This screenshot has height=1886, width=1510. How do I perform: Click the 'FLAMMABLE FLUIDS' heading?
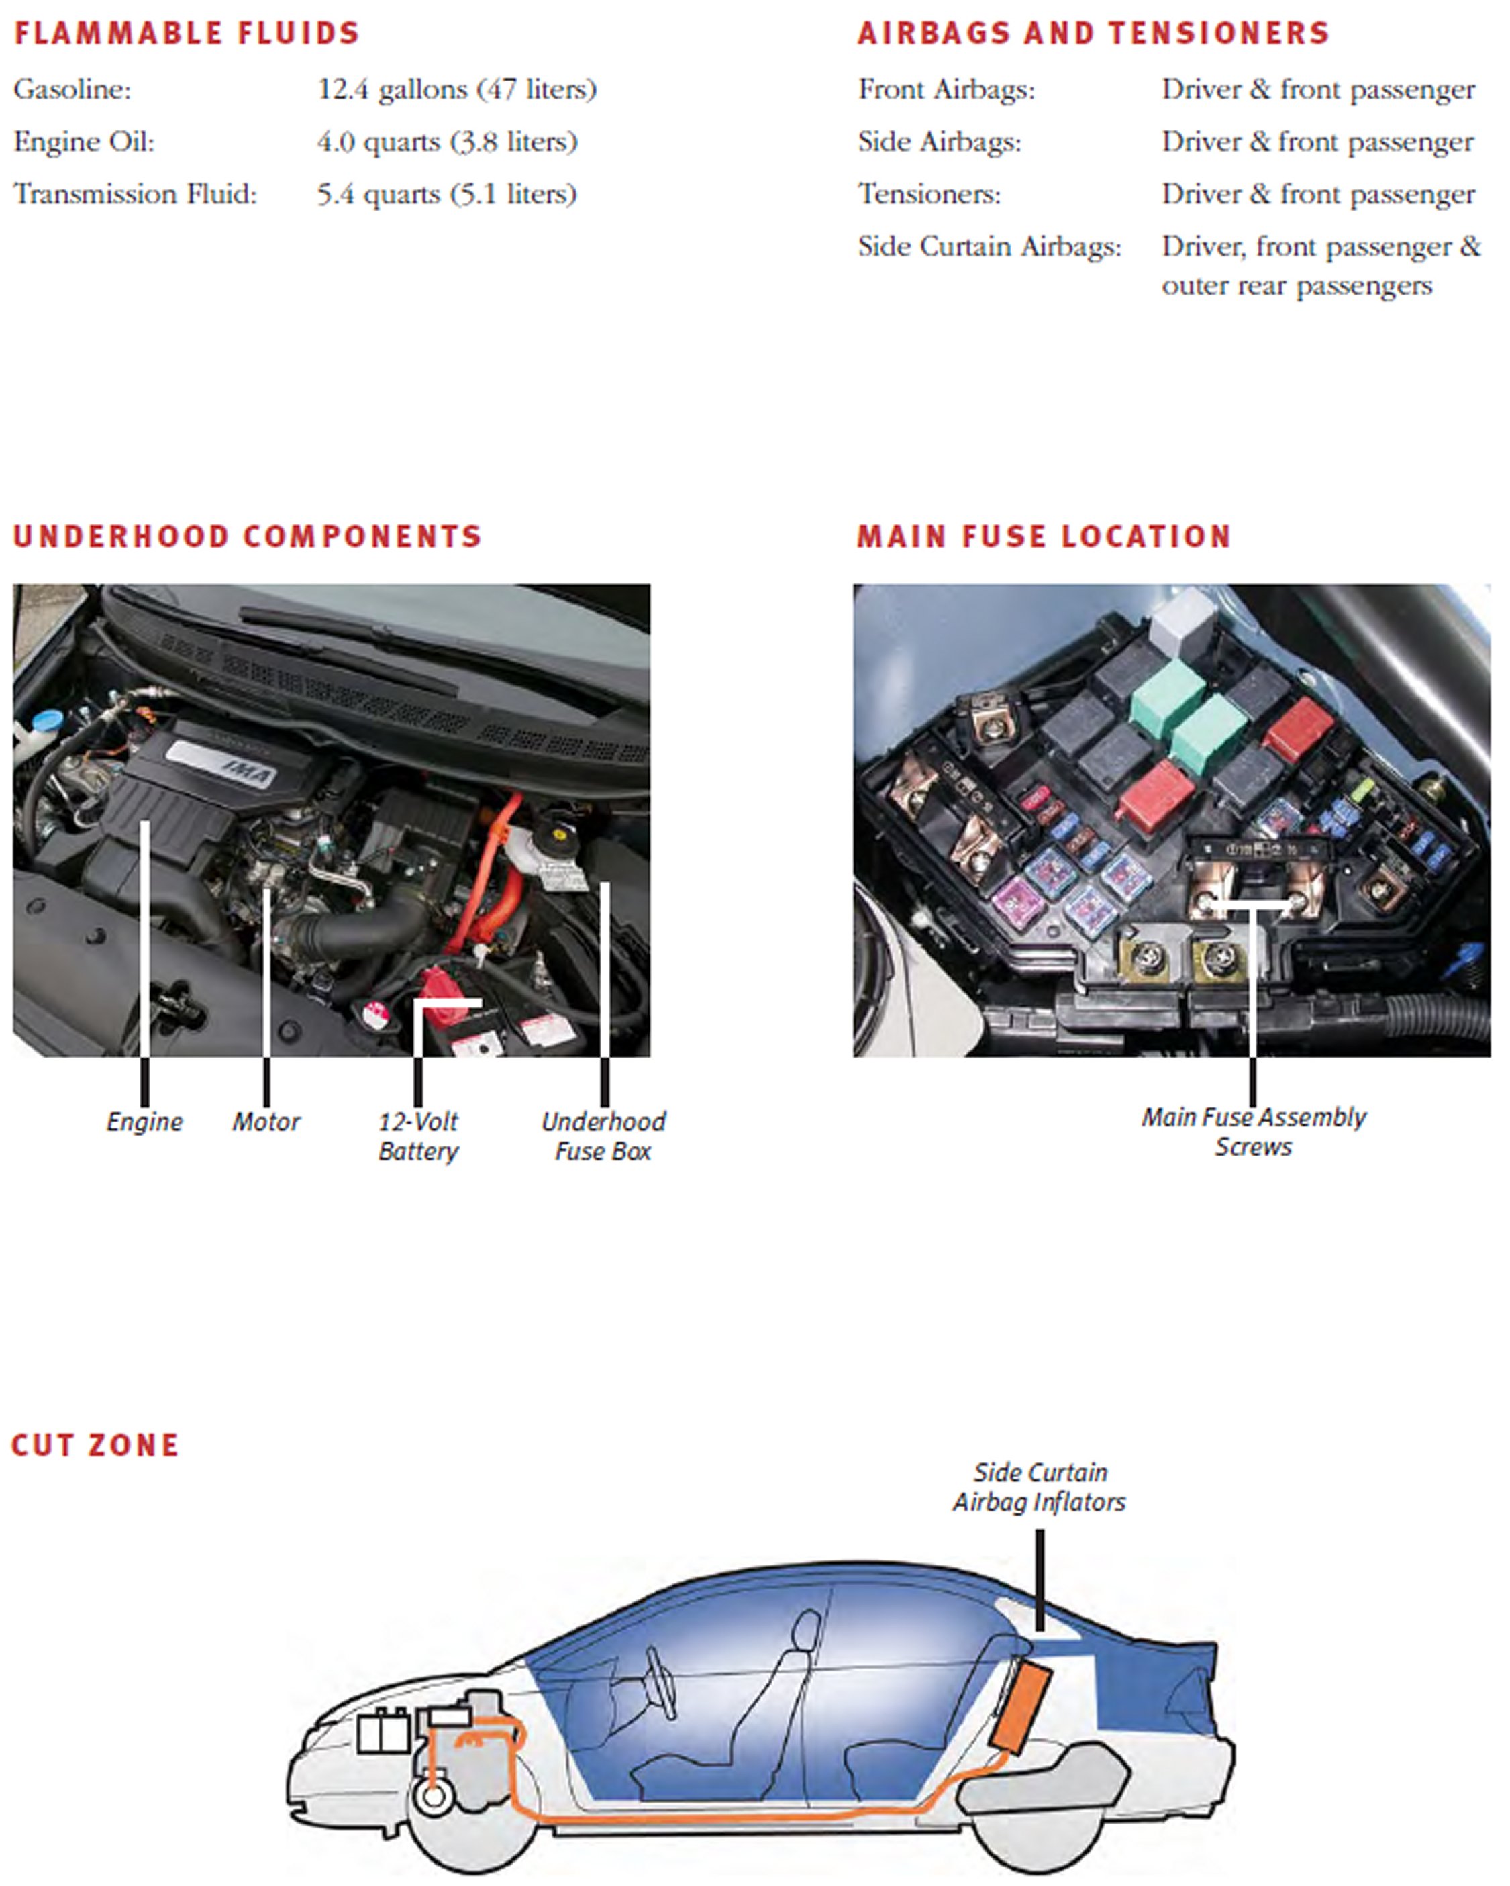tap(187, 34)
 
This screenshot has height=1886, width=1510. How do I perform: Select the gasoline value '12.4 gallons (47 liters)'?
tap(456, 89)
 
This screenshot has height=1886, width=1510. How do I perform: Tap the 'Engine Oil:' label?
tap(84, 142)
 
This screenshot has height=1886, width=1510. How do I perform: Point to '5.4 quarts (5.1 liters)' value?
tap(447, 194)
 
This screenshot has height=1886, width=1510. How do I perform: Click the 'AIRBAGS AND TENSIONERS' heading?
tap(1093, 34)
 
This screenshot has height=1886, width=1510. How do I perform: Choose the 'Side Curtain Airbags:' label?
tap(989, 247)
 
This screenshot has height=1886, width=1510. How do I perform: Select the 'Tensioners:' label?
tap(929, 194)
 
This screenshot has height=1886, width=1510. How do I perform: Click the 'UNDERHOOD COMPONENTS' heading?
tap(248, 536)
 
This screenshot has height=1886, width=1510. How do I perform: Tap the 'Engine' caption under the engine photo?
tap(144, 1122)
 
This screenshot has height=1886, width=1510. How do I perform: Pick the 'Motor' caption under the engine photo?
tap(266, 1122)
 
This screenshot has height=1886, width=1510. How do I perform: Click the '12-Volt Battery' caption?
tap(418, 1136)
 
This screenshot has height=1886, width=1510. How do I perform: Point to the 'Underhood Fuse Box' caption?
tap(603, 1136)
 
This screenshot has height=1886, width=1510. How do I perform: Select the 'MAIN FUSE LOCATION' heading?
tap(1044, 536)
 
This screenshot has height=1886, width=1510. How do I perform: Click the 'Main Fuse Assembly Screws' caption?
tap(1254, 1132)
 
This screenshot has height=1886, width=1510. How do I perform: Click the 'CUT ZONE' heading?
tap(95, 1445)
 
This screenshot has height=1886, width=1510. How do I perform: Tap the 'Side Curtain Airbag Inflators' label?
tap(1040, 1487)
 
